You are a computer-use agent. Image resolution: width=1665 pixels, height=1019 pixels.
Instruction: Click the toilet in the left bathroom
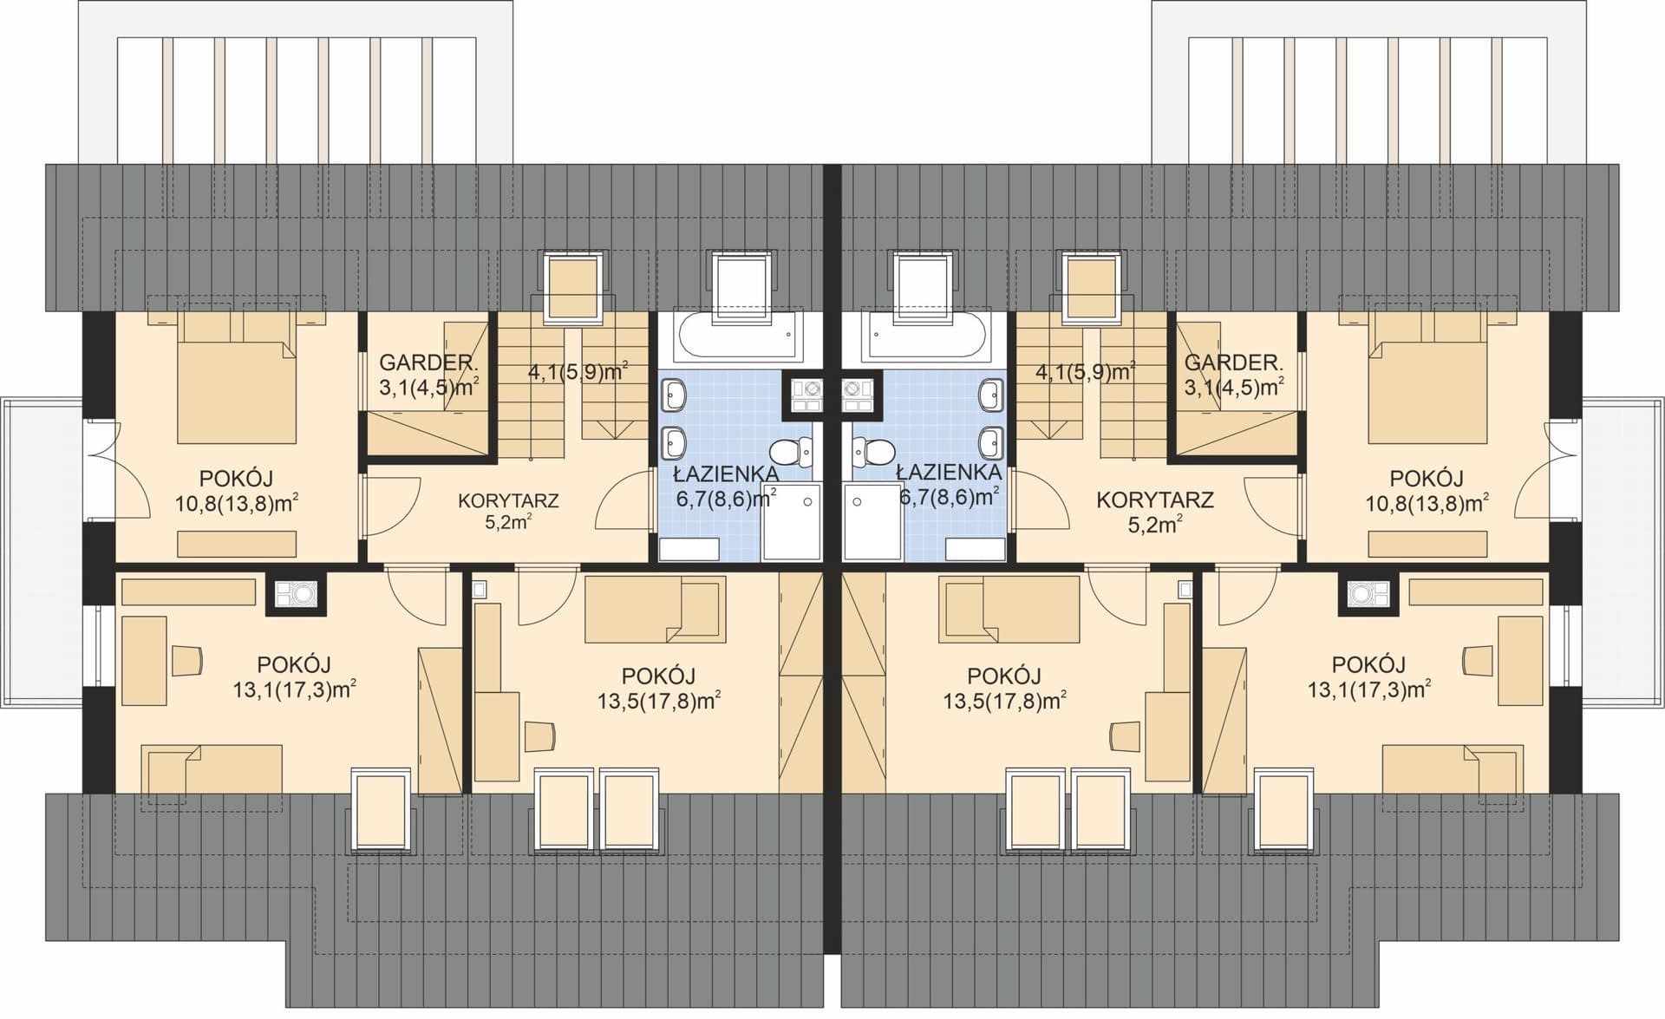coord(792,452)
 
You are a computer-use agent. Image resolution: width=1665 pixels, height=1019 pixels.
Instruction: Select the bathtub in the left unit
coord(735,336)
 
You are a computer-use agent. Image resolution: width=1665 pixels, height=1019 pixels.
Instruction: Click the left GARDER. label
coord(428,363)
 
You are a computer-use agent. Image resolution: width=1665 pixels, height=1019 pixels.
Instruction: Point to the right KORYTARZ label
coord(1154,500)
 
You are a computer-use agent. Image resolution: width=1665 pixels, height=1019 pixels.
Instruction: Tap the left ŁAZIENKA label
coord(726,474)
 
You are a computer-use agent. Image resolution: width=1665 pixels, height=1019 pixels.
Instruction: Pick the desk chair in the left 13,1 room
coord(186,660)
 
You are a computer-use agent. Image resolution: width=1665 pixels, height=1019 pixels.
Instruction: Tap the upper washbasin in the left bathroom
coord(674,396)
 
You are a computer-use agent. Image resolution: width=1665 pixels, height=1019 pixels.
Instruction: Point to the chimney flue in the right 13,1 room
coord(1369,594)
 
